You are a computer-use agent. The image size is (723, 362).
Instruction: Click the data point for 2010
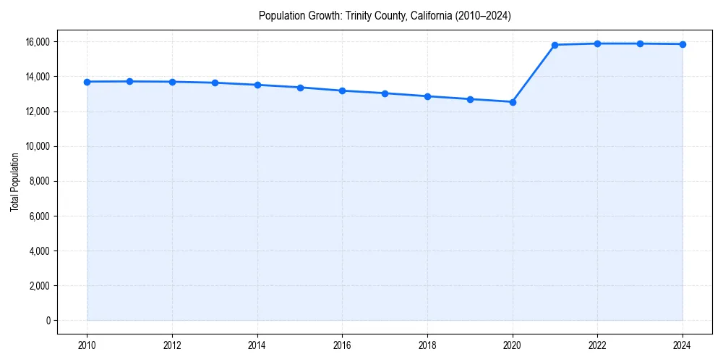[87, 82]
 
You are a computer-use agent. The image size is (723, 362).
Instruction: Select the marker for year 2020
[513, 102]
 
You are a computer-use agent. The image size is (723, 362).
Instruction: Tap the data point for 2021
[555, 45]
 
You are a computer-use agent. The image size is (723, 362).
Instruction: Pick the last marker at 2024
[683, 44]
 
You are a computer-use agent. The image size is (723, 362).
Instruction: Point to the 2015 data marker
[300, 88]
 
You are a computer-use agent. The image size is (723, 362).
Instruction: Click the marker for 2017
[385, 93]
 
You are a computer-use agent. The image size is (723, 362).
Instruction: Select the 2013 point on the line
[215, 83]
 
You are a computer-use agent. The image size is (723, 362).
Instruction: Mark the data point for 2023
[640, 43]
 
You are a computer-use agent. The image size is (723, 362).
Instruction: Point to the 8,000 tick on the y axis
[40, 181]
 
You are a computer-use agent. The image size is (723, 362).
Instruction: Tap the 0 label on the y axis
[48, 321]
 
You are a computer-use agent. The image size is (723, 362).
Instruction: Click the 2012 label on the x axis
[172, 345]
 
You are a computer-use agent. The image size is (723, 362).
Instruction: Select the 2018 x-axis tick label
[427, 345]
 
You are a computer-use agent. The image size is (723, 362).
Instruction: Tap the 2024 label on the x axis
[683, 345]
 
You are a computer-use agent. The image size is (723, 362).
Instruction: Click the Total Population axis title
[14, 182]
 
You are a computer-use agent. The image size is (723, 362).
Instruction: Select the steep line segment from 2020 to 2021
[534, 74]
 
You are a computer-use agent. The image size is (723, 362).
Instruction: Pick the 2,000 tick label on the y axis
[40, 286]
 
